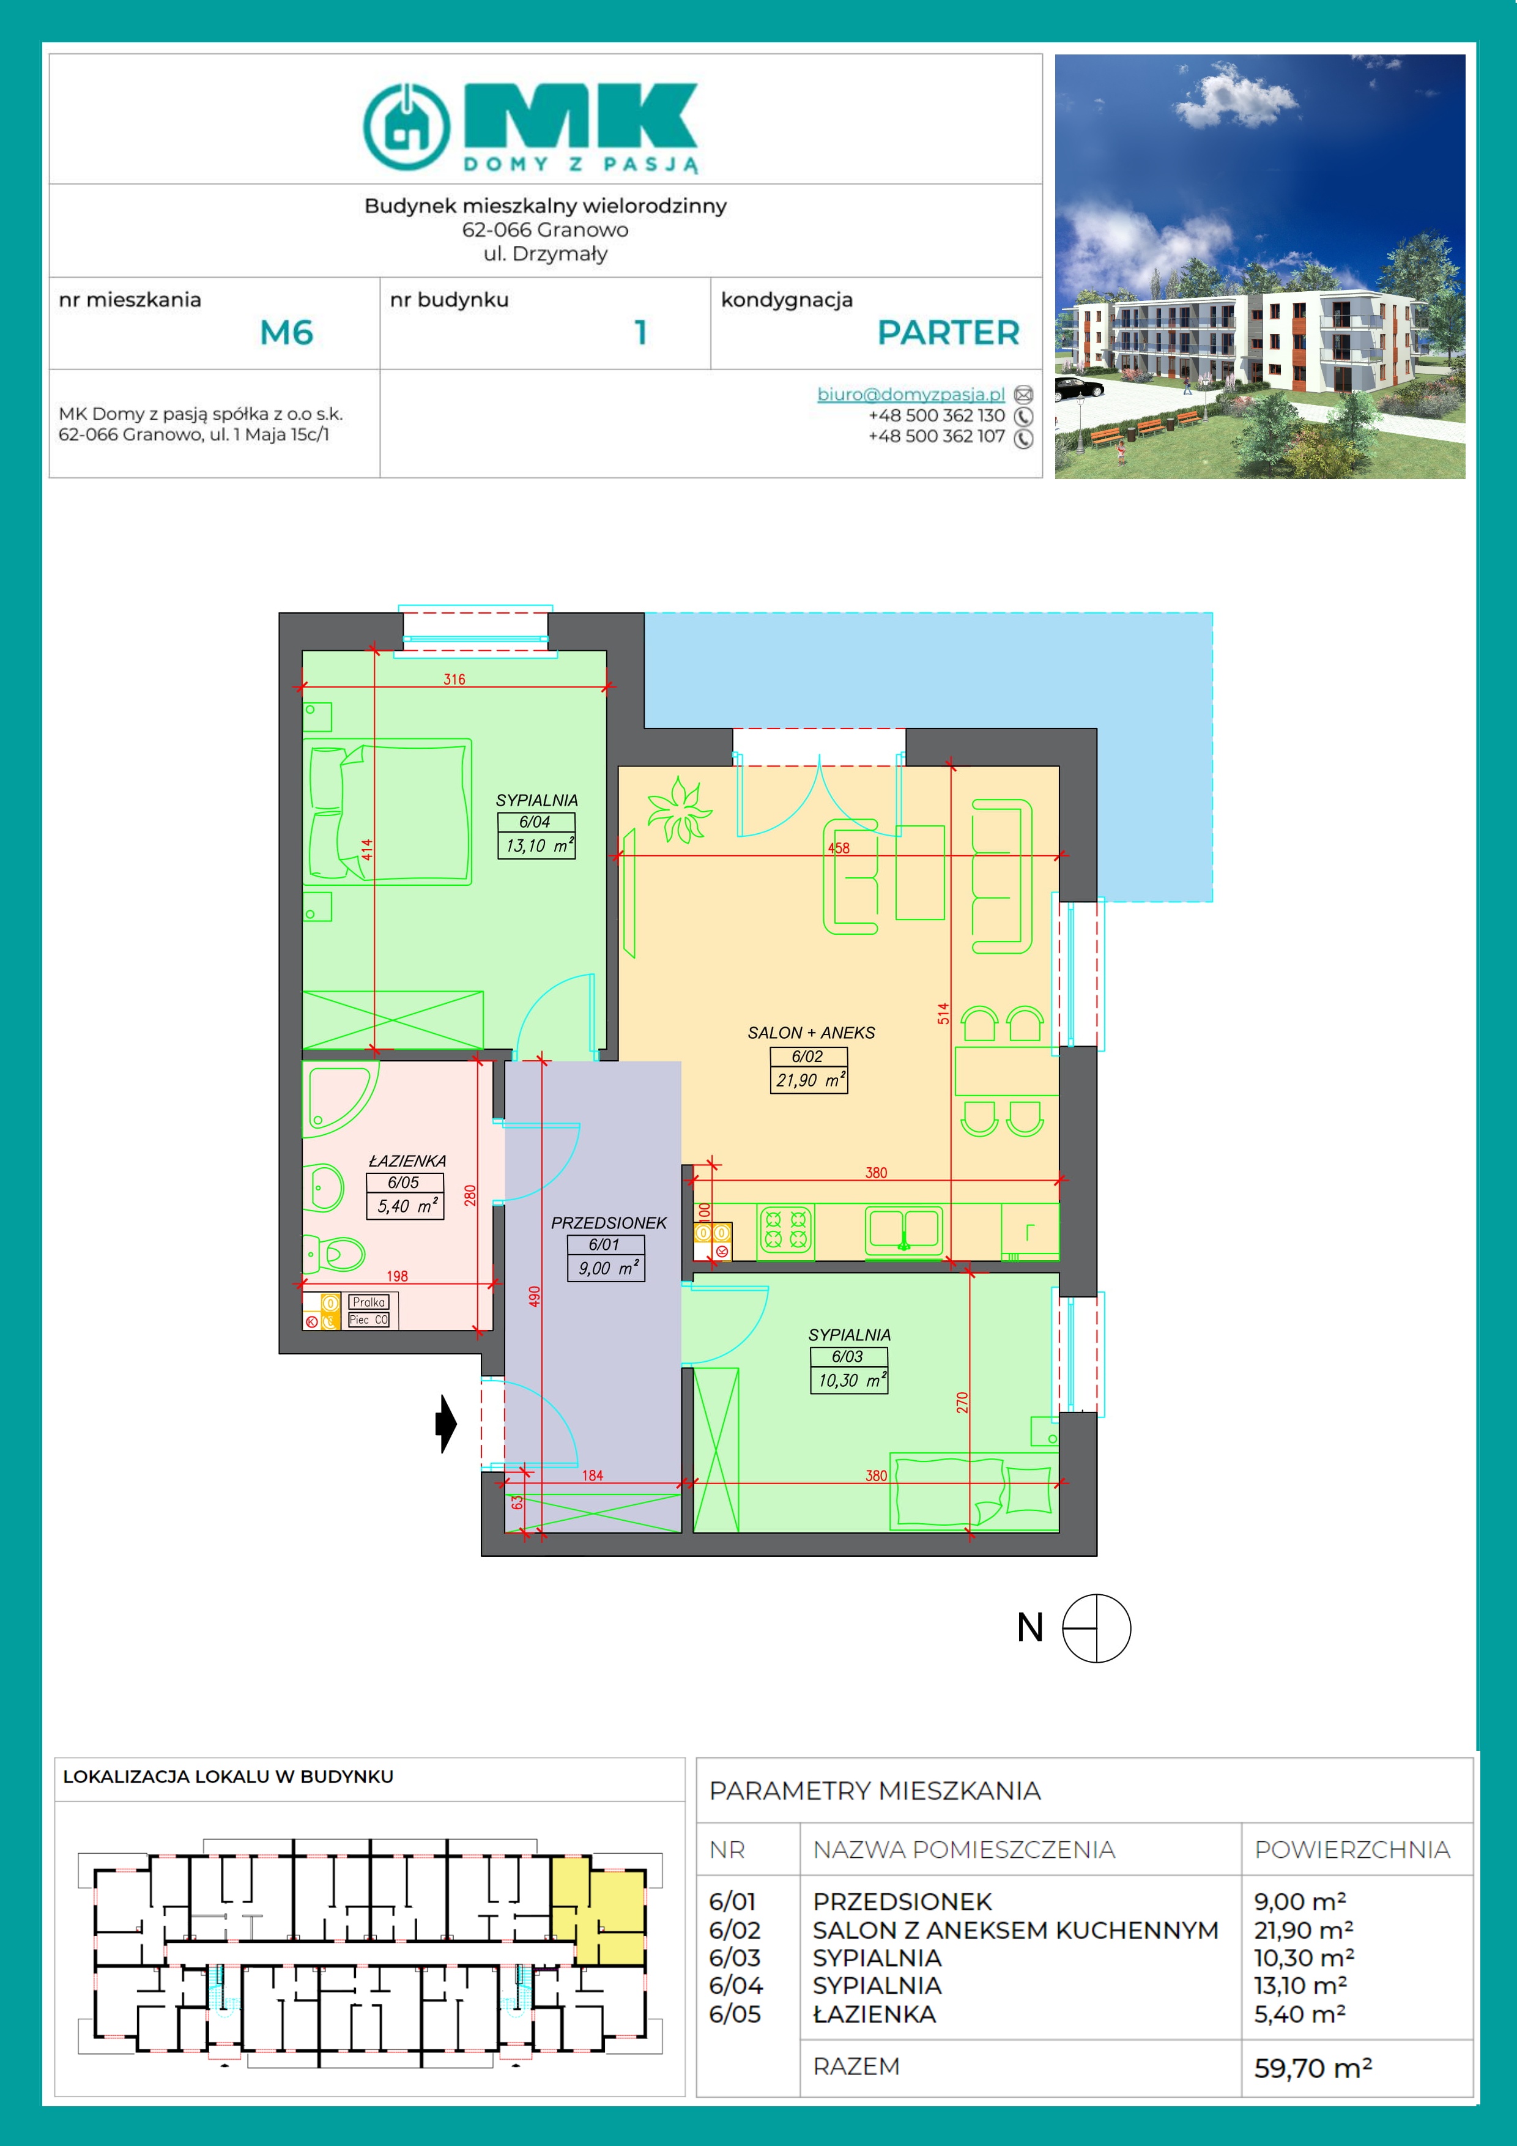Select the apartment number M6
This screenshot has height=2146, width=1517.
(286, 333)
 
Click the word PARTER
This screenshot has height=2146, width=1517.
(948, 333)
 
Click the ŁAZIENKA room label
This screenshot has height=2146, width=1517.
(407, 1161)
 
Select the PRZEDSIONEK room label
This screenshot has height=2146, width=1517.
(609, 1222)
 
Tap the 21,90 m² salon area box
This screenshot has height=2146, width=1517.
(809, 1080)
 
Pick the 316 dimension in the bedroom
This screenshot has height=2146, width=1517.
(454, 680)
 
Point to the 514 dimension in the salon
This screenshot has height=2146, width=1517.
(943, 1013)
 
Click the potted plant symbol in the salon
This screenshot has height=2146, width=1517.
(678, 809)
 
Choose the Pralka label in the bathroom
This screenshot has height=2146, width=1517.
(369, 1302)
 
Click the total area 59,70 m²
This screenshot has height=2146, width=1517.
(1312, 2068)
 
